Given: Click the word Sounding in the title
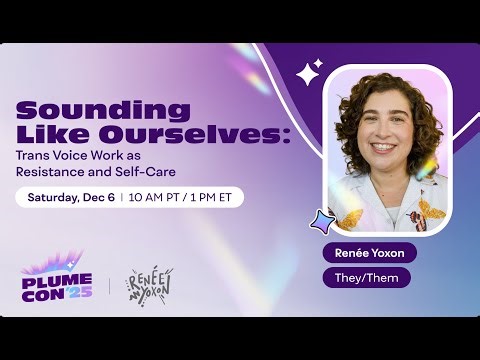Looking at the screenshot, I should (x=74, y=109).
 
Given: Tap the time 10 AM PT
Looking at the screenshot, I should (x=153, y=197).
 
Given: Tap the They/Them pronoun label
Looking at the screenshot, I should (x=366, y=277).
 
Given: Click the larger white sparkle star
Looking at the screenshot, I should (x=309, y=73).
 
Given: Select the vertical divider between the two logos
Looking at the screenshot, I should (x=109, y=285).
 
